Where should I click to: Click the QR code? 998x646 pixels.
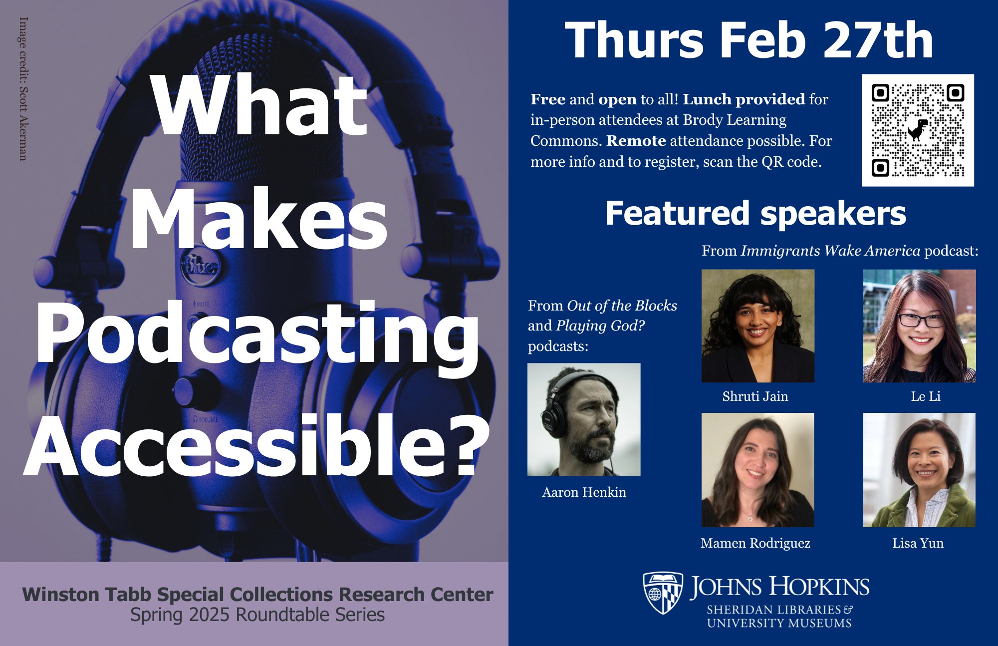pyautogui.click(x=918, y=130)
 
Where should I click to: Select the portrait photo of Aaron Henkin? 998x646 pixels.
pyautogui.click(x=584, y=419)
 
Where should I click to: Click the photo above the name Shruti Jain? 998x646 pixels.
pyautogui.click(x=758, y=326)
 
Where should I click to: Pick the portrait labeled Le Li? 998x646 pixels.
pyautogui.click(x=920, y=326)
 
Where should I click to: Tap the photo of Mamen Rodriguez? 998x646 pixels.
pyautogui.click(x=758, y=470)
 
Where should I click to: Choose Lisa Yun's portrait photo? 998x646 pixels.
pyautogui.click(x=920, y=470)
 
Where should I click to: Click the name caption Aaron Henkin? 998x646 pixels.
pyautogui.click(x=584, y=492)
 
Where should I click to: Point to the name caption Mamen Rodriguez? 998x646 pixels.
pyautogui.click(x=755, y=543)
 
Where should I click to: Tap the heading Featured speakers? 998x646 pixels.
pyautogui.click(x=755, y=214)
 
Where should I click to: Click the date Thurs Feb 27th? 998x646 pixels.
pyautogui.click(x=748, y=40)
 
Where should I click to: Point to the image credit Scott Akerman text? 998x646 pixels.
pyautogui.click(x=23, y=89)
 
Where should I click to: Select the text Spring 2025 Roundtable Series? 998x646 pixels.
pyautogui.click(x=257, y=615)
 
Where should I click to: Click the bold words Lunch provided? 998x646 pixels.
pyautogui.click(x=744, y=99)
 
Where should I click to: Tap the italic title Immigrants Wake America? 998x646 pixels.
pyautogui.click(x=830, y=250)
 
